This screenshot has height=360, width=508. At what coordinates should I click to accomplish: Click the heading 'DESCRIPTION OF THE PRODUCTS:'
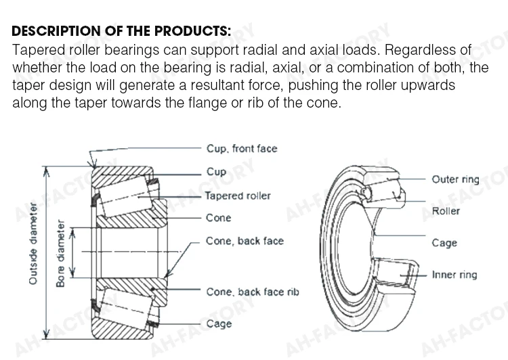[x=121, y=31]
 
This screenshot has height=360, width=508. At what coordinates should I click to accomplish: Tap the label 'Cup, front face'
[x=241, y=149]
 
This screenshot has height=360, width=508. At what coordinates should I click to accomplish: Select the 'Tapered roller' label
[x=238, y=196]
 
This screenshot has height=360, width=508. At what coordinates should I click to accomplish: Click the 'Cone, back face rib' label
[x=253, y=292]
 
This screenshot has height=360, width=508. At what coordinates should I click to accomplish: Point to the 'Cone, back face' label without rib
[x=245, y=241]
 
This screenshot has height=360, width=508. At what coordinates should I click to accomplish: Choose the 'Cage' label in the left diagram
[x=219, y=324]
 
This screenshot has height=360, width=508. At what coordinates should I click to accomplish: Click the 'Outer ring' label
[x=455, y=179]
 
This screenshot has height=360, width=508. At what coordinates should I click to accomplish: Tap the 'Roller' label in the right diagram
[x=446, y=211]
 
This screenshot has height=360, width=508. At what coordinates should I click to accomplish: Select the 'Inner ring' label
[x=454, y=275]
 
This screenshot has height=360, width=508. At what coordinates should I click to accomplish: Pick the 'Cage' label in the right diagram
[x=444, y=243]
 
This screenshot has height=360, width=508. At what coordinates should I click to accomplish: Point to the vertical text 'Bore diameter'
[x=60, y=253]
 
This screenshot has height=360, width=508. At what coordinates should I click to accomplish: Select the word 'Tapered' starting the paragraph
[x=37, y=51]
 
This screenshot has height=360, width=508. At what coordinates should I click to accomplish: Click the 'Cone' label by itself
[x=218, y=218]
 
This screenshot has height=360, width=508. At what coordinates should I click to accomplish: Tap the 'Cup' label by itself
[x=216, y=172]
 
